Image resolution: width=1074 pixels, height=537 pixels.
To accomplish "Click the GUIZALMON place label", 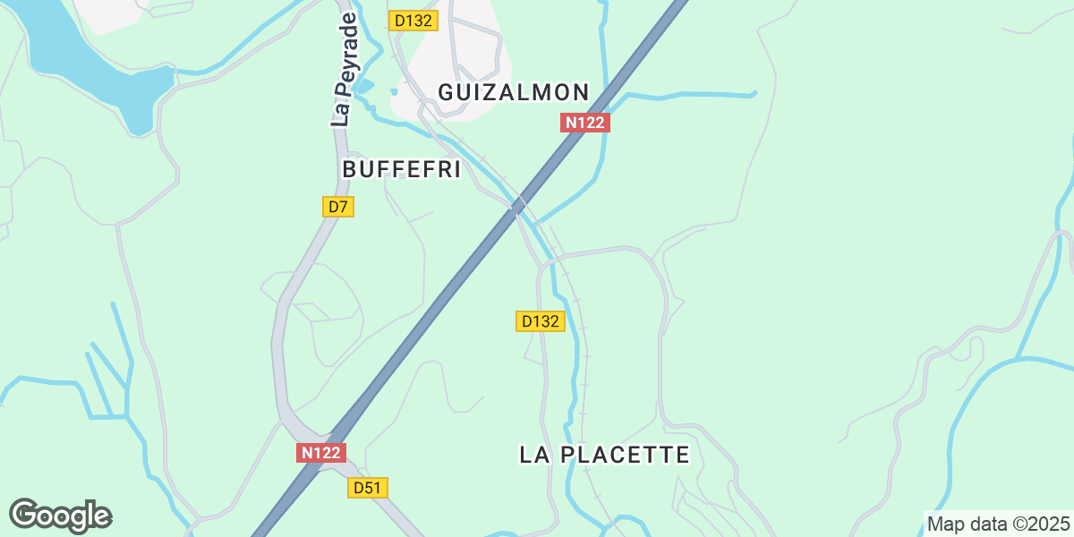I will pyautogui.click(x=513, y=92).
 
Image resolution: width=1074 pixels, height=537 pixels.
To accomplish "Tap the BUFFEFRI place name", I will pyautogui.click(x=401, y=169).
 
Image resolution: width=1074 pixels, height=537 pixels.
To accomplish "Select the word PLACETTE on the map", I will pyautogui.click(x=624, y=455).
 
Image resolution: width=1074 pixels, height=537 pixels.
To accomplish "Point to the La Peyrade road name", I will pyautogui.click(x=345, y=70).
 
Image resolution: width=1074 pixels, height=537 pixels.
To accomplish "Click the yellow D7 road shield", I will pyautogui.click(x=337, y=207).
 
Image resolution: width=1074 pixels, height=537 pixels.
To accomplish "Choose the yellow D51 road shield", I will pyautogui.click(x=367, y=488).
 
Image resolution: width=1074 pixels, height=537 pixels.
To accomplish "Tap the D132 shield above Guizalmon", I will pyautogui.click(x=413, y=21).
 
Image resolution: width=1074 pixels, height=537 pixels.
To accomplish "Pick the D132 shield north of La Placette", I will pyautogui.click(x=541, y=321).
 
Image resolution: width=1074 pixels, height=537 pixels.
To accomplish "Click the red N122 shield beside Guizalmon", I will pyautogui.click(x=585, y=123).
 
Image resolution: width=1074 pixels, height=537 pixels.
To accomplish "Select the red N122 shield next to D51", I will pyautogui.click(x=320, y=453).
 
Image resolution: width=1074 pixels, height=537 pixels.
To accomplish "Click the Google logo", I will pyautogui.click(x=60, y=516).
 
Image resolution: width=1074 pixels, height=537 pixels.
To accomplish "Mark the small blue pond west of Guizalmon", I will pyautogui.click(x=393, y=91).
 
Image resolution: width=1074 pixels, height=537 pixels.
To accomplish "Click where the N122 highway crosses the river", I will pyautogui.click(x=517, y=207).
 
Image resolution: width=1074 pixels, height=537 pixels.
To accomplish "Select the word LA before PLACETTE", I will pyautogui.click(x=533, y=455).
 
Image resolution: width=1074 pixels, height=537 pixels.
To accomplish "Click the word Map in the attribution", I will pyautogui.click(x=945, y=524).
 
